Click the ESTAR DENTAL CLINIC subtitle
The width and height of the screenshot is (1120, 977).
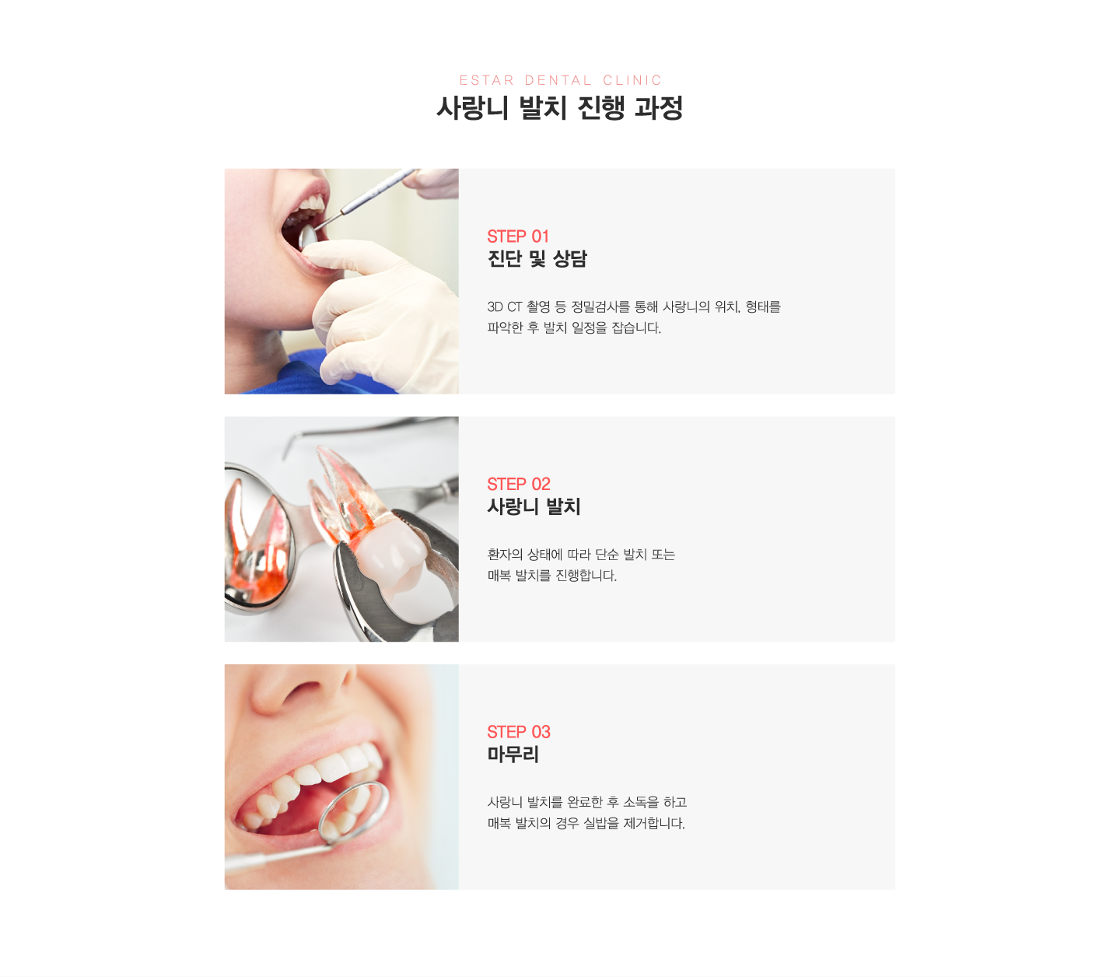(560, 80)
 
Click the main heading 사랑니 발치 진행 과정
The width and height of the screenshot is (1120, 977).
(559, 107)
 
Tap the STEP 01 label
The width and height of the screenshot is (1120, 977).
(518, 236)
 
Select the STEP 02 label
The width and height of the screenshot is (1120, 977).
(519, 484)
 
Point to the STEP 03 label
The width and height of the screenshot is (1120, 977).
(519, 732)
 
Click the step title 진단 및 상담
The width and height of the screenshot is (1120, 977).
(537, 258)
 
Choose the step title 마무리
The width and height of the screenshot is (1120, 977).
(513, 755)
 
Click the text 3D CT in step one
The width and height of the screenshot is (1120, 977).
(504, 306)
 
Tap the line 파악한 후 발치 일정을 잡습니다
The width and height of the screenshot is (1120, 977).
(574, 327)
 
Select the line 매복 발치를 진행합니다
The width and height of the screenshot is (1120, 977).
(551, 576)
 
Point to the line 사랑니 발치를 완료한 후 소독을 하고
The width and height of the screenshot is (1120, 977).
(586, 803)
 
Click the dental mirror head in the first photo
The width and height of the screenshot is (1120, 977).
(308, 237)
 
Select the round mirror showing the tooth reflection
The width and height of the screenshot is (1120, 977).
(257, 539)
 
